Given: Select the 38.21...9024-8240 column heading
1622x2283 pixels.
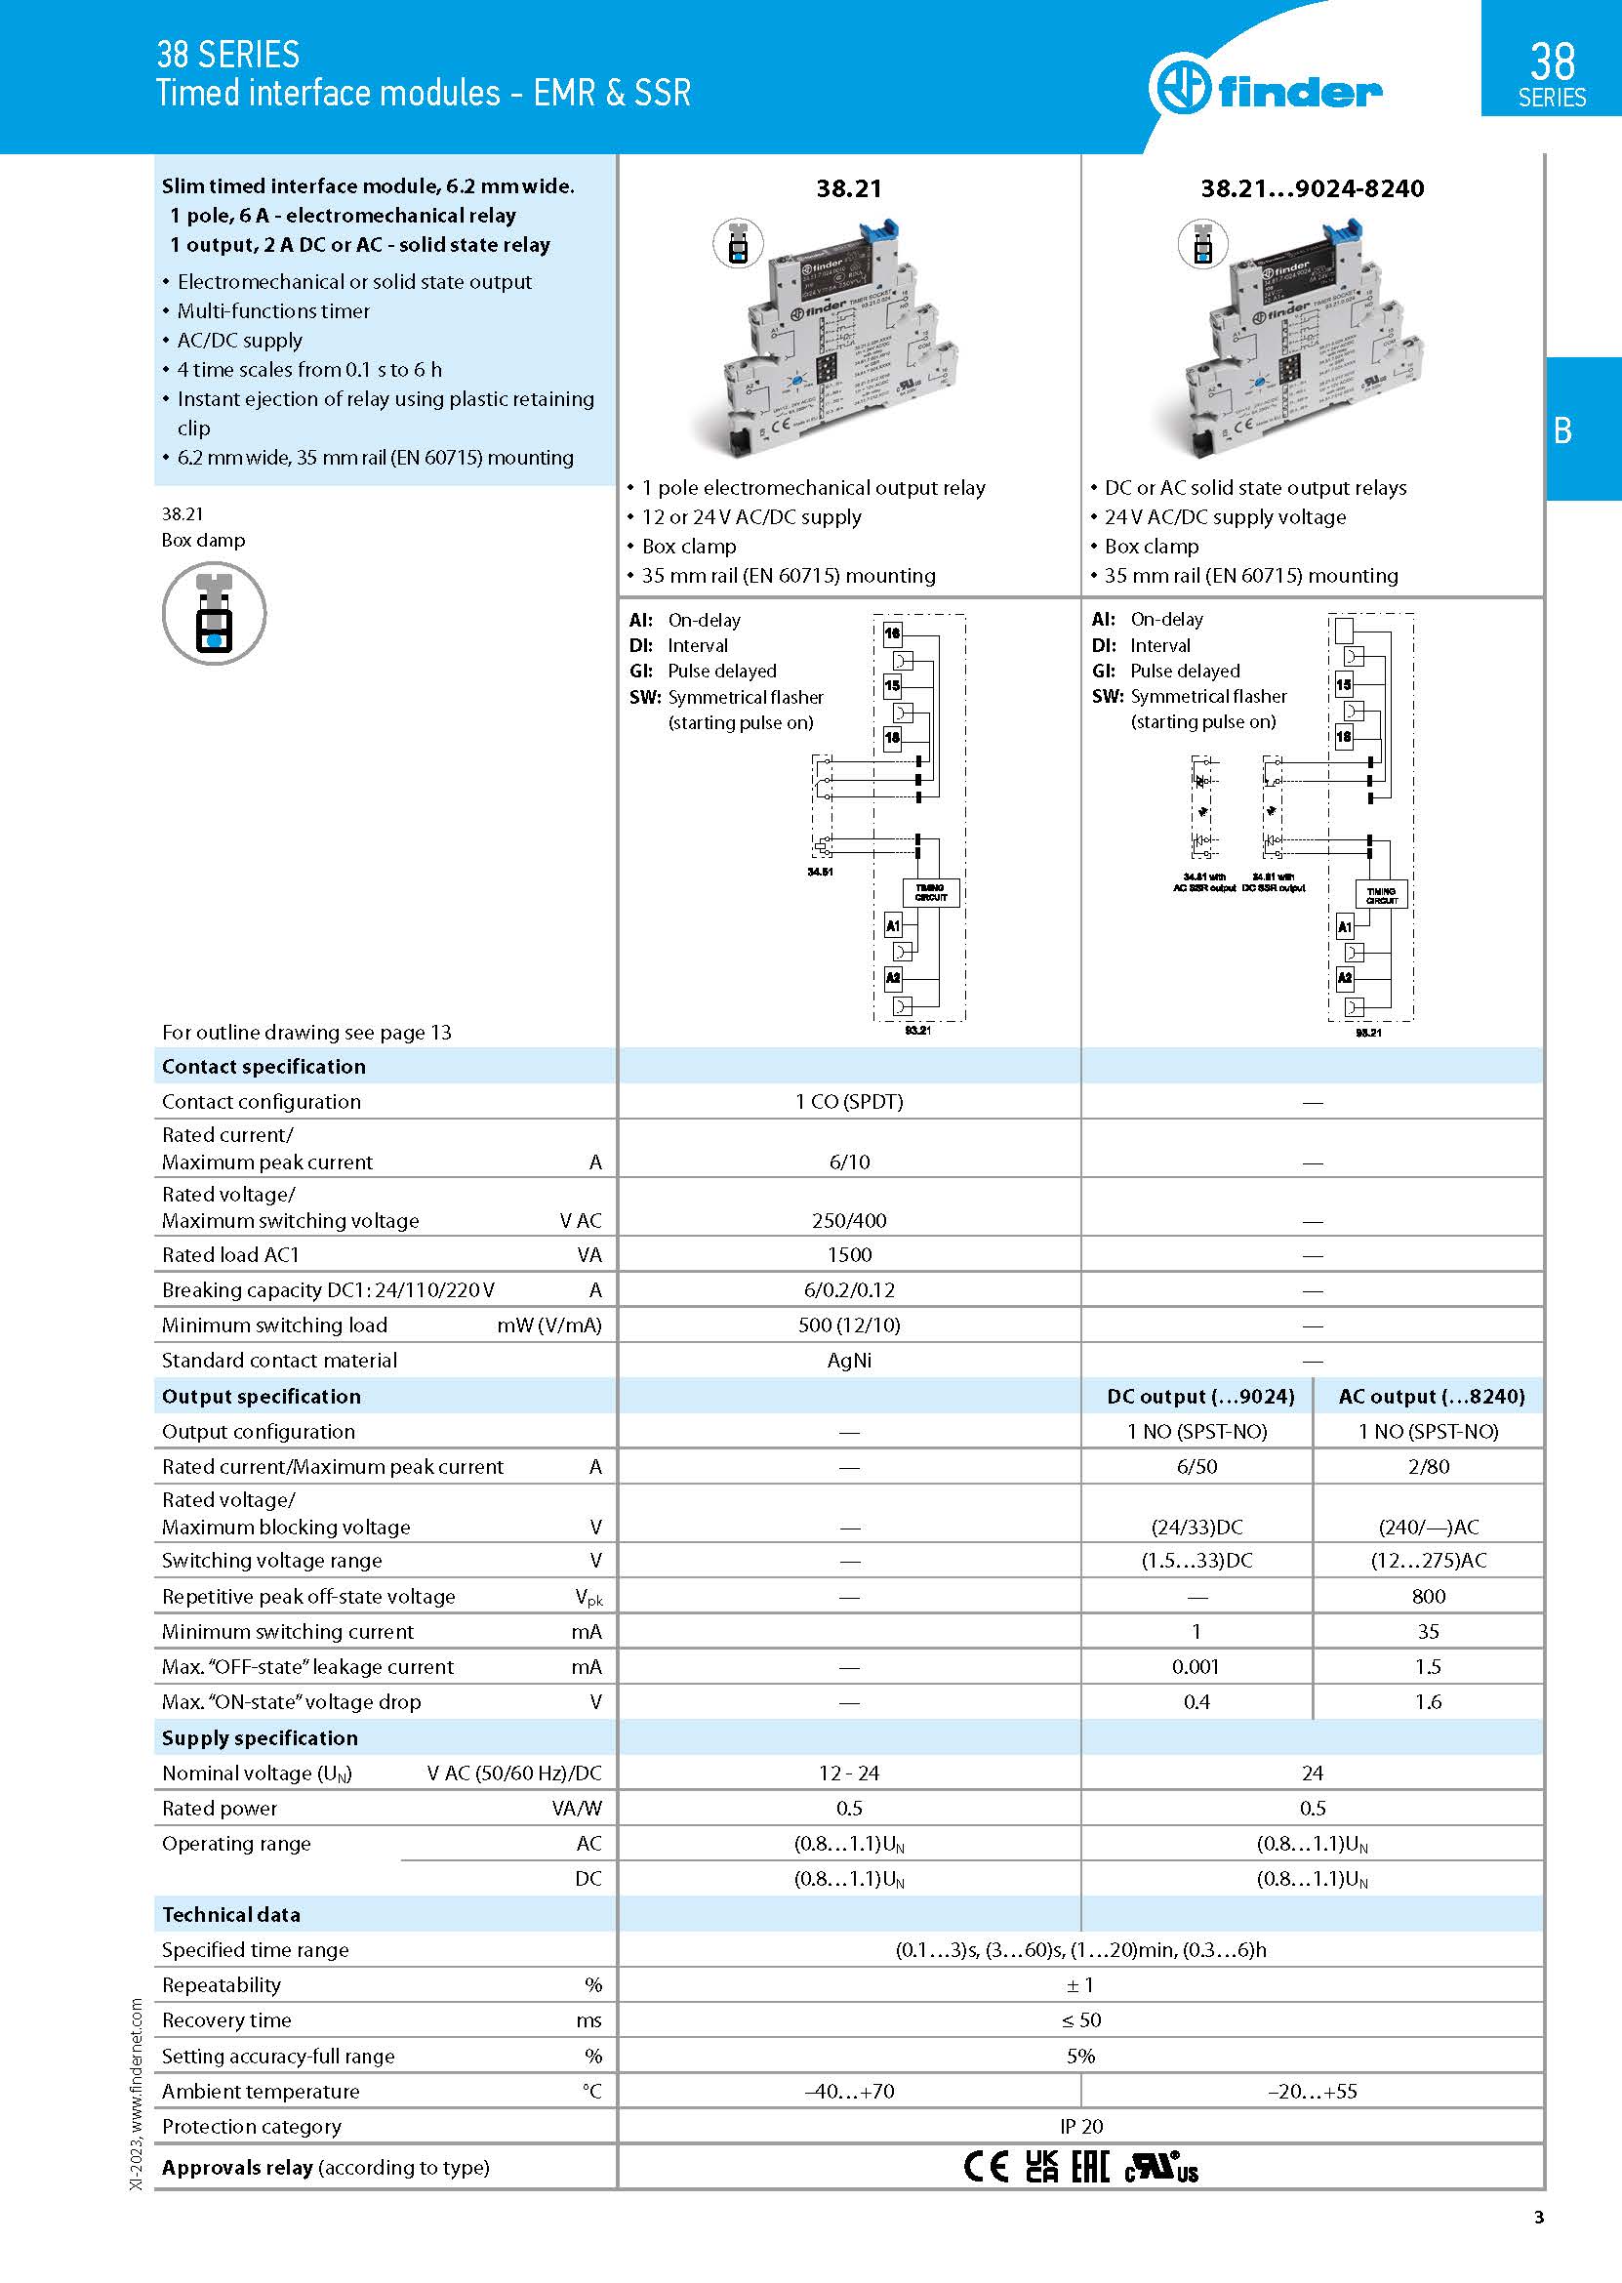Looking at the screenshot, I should tap(1312, 187).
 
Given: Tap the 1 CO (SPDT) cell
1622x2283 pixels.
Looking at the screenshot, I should tap(849, 1101).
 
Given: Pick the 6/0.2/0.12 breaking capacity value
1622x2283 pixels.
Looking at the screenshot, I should tap(849, 1289).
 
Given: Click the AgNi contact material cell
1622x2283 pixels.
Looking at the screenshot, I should tap(849, 1360).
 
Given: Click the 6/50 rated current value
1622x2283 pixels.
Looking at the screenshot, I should tap(1196, 1466).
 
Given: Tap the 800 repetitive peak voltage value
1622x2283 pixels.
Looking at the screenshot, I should tap(1428, 1596).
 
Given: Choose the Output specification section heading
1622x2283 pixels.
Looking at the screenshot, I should tap(261, 1395).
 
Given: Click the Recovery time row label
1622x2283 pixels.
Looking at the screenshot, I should tap(226, 2019).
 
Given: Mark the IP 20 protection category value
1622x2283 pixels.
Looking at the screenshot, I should tap(1080, 2126).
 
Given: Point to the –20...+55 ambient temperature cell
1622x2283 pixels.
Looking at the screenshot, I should tap(1312, 2091).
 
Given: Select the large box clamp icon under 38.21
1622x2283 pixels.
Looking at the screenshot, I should tap(214, 613).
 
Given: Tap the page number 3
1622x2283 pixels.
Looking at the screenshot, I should tap(1538, 2217).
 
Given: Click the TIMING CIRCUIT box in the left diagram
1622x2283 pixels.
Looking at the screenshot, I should tap(931, 892).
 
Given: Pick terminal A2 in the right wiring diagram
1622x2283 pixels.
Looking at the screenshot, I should tap(1344, 978).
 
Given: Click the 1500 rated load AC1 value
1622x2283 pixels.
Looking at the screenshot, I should tap(849, 1254).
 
